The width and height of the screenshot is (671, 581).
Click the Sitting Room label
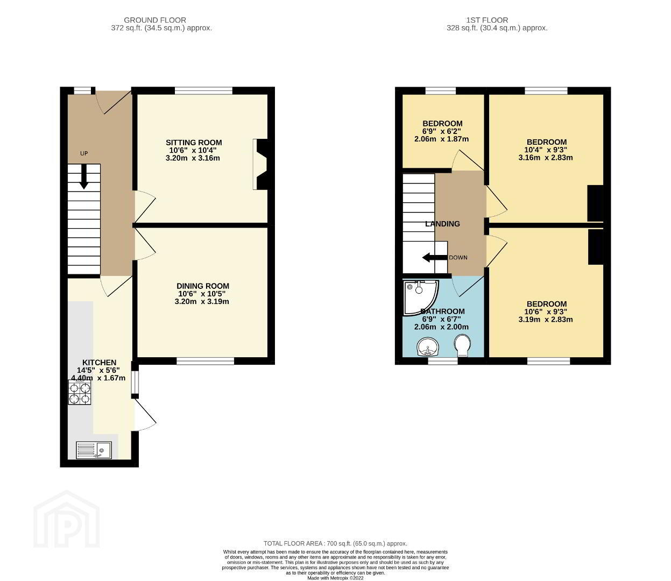(x=194, y=143)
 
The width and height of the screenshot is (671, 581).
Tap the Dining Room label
(x=203, y=286)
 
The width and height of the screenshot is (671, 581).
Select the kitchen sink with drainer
(x=94, y=450)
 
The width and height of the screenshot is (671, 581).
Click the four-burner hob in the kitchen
(x=80, y=392)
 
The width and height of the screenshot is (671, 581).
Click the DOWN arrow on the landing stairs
(x=435, y=258)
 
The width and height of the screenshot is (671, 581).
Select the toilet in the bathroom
(x=462, y=346)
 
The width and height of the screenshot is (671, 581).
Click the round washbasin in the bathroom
(x=428, y=348)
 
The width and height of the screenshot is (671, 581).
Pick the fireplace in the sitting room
(x=260, y=164)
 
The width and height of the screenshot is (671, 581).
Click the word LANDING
(x=442, y=224)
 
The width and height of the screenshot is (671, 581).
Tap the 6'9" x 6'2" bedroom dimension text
(x=441, y=131)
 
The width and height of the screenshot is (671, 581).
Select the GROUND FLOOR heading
(x=155, y=20)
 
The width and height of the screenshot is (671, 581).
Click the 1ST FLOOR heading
(x=487, y=20)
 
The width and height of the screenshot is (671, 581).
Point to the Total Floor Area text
(x=335, y=543)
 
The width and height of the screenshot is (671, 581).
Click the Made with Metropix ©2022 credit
(x=335, y=578)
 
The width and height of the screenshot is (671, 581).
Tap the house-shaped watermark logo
(x=67, y=519)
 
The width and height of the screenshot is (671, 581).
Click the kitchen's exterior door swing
(x=145, y=415)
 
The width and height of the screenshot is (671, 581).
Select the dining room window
(x=206, y=360)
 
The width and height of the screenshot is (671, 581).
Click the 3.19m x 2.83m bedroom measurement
(x=546, y=319)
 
